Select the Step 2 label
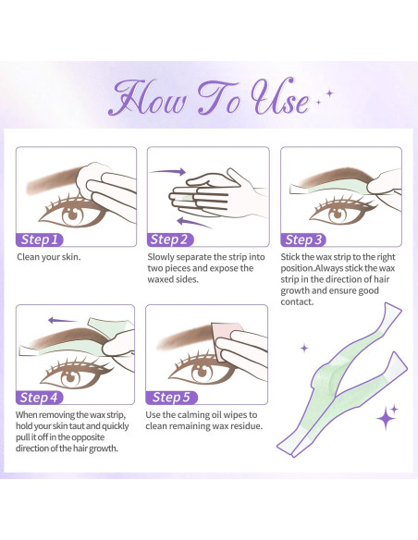[x=175, y=238]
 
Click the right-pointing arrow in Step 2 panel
[x=167, y=170]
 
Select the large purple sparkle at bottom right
[x=386, y=418]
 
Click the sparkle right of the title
[x=325, y=93]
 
